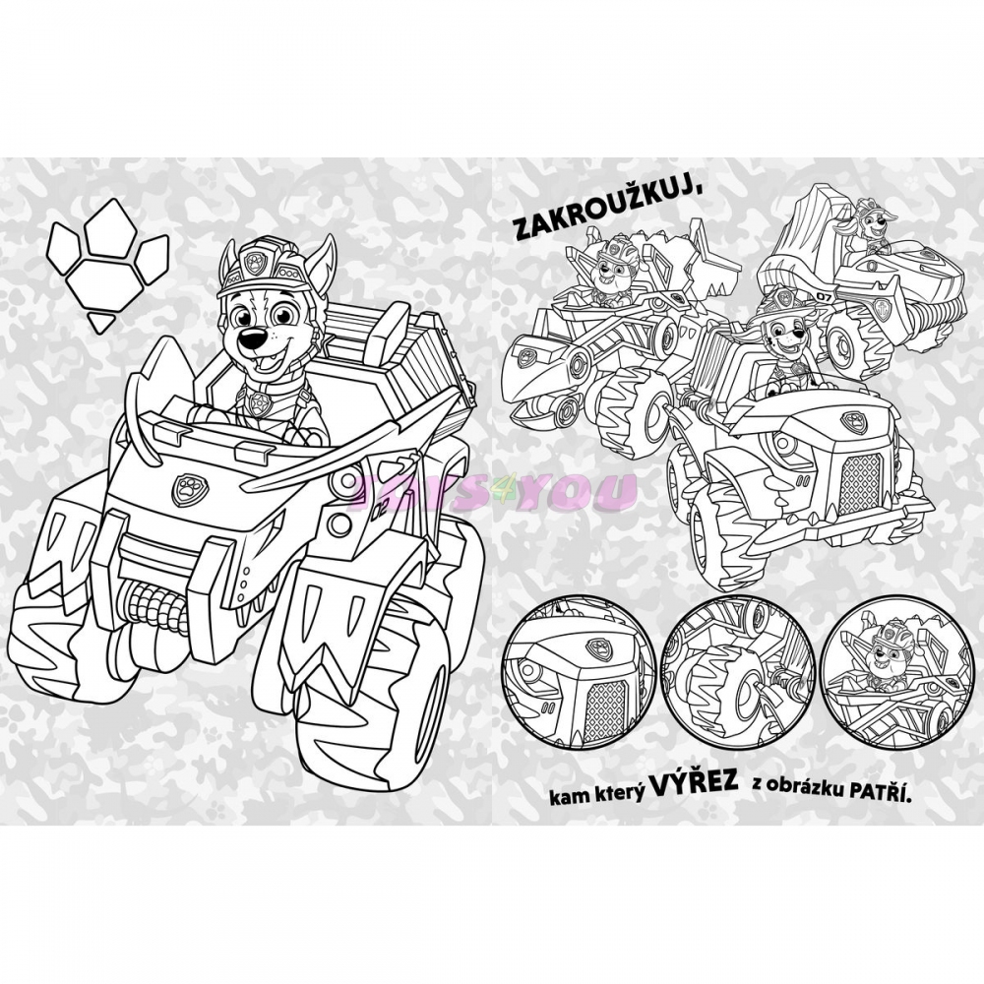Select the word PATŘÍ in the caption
pos(880,794)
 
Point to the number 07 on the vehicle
pos(823,295)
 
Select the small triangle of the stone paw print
pos(101,322)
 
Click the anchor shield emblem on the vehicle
pos(882,309)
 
